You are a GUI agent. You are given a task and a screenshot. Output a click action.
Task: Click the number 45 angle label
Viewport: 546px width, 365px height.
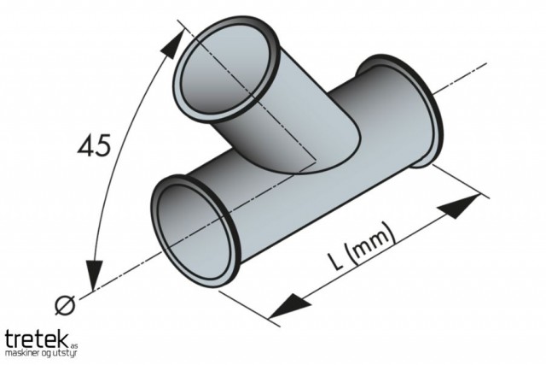pos(94,144)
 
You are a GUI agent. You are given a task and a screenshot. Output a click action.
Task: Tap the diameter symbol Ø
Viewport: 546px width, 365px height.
pos(65,305)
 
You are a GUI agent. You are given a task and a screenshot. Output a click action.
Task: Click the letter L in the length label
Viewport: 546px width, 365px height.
pos(335,261)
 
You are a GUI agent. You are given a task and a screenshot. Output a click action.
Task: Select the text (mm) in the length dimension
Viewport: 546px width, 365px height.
pos(372,242)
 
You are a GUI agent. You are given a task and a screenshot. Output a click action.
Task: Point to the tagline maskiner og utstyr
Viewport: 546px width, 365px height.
pos(41,354)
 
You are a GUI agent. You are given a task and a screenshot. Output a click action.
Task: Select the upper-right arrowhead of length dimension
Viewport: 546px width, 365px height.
pos(459,207)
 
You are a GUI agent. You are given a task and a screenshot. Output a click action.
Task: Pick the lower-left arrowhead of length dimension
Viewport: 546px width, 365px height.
pos(290,306)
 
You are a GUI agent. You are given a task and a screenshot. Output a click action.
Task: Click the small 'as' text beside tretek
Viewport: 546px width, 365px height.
pos(74,346)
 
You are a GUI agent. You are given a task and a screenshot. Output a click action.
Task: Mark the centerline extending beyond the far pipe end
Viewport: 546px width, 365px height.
pos(460,78)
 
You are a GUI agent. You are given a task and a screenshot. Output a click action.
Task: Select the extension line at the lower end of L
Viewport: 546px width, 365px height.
pos(249,308)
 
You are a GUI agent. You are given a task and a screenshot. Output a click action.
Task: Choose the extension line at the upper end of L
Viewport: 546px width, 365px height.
pos(461,180)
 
